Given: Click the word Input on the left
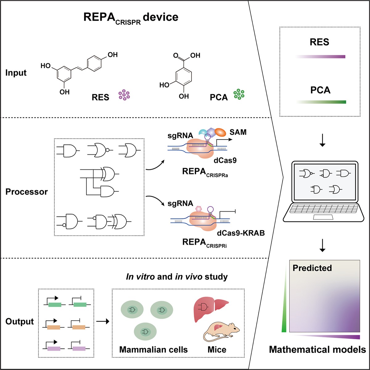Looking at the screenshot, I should (16, 73).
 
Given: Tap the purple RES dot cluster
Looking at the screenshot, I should (124, 95).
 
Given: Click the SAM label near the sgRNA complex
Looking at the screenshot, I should (238, 132).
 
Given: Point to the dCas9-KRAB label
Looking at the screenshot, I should (241, 233).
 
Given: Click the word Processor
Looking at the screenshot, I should (27, 192).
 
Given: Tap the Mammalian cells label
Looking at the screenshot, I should (153, 350).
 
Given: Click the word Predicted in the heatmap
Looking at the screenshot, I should (312, 268).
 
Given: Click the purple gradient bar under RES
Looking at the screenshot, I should (321, 57).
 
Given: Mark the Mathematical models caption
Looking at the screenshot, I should (317, 350).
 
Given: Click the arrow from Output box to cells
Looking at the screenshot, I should (103, 322).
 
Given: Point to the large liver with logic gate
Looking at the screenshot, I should (204, 309).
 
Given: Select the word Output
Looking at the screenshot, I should (19, 322).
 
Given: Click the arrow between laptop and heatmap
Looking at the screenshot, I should (322, 247).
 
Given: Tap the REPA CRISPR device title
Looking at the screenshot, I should (131, 18).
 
